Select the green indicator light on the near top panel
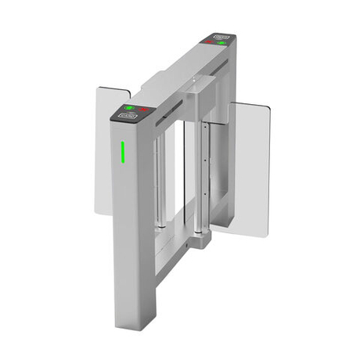pos(129,107)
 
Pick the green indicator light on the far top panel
pos(223,44)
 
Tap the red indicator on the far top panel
pos(209,43)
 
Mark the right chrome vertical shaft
pos(203,172)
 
